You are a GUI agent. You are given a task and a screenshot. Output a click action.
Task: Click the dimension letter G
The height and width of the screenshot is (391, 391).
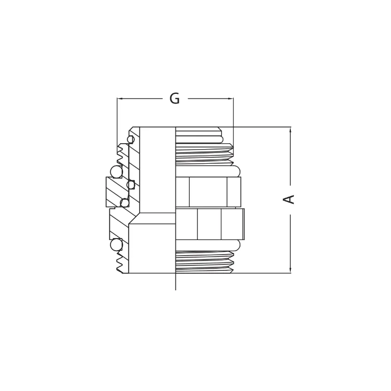pyautogui.click(x=174, y=99)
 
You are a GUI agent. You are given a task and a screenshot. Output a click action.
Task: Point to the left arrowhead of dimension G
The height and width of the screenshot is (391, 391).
pyautogui.click(x=119, y=99)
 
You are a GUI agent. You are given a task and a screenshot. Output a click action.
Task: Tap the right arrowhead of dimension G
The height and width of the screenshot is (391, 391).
pyautogui.click(x=231, y=99)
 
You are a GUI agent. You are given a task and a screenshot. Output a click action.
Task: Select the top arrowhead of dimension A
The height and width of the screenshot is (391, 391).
pyautogui.click(x=290, y=129)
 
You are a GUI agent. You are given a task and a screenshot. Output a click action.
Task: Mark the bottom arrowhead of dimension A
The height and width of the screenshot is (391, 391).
pyautogui.click(x=290, y=271)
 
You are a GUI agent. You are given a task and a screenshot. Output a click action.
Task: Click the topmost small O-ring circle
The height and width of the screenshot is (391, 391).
pyautogui.click(x=130, y=139)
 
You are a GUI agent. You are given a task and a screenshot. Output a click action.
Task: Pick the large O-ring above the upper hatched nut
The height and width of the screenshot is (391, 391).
pyautogui.click(x=116, y=172)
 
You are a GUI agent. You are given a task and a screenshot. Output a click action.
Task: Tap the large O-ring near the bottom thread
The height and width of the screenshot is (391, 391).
pyautogui.click(x=116, y=245)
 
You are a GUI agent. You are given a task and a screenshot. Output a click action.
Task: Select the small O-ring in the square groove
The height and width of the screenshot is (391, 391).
pyautogui.click(x=130, y=185)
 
